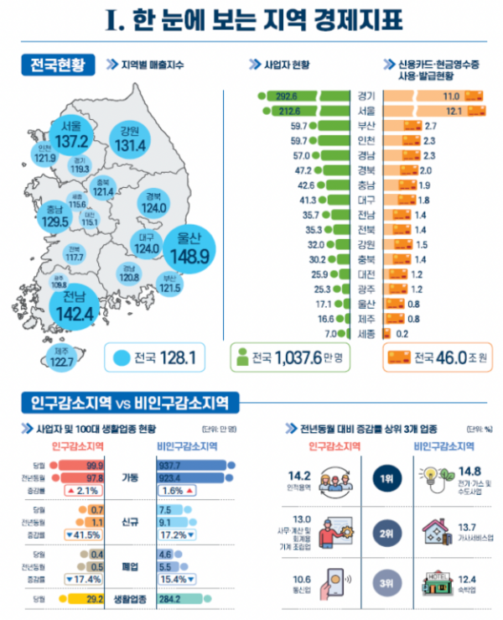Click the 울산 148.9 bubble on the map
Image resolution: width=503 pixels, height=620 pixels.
tap(185, 247)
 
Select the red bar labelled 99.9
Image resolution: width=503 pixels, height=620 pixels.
tap(80, 464)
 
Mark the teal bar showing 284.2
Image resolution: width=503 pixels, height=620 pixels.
tap(194, 599)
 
